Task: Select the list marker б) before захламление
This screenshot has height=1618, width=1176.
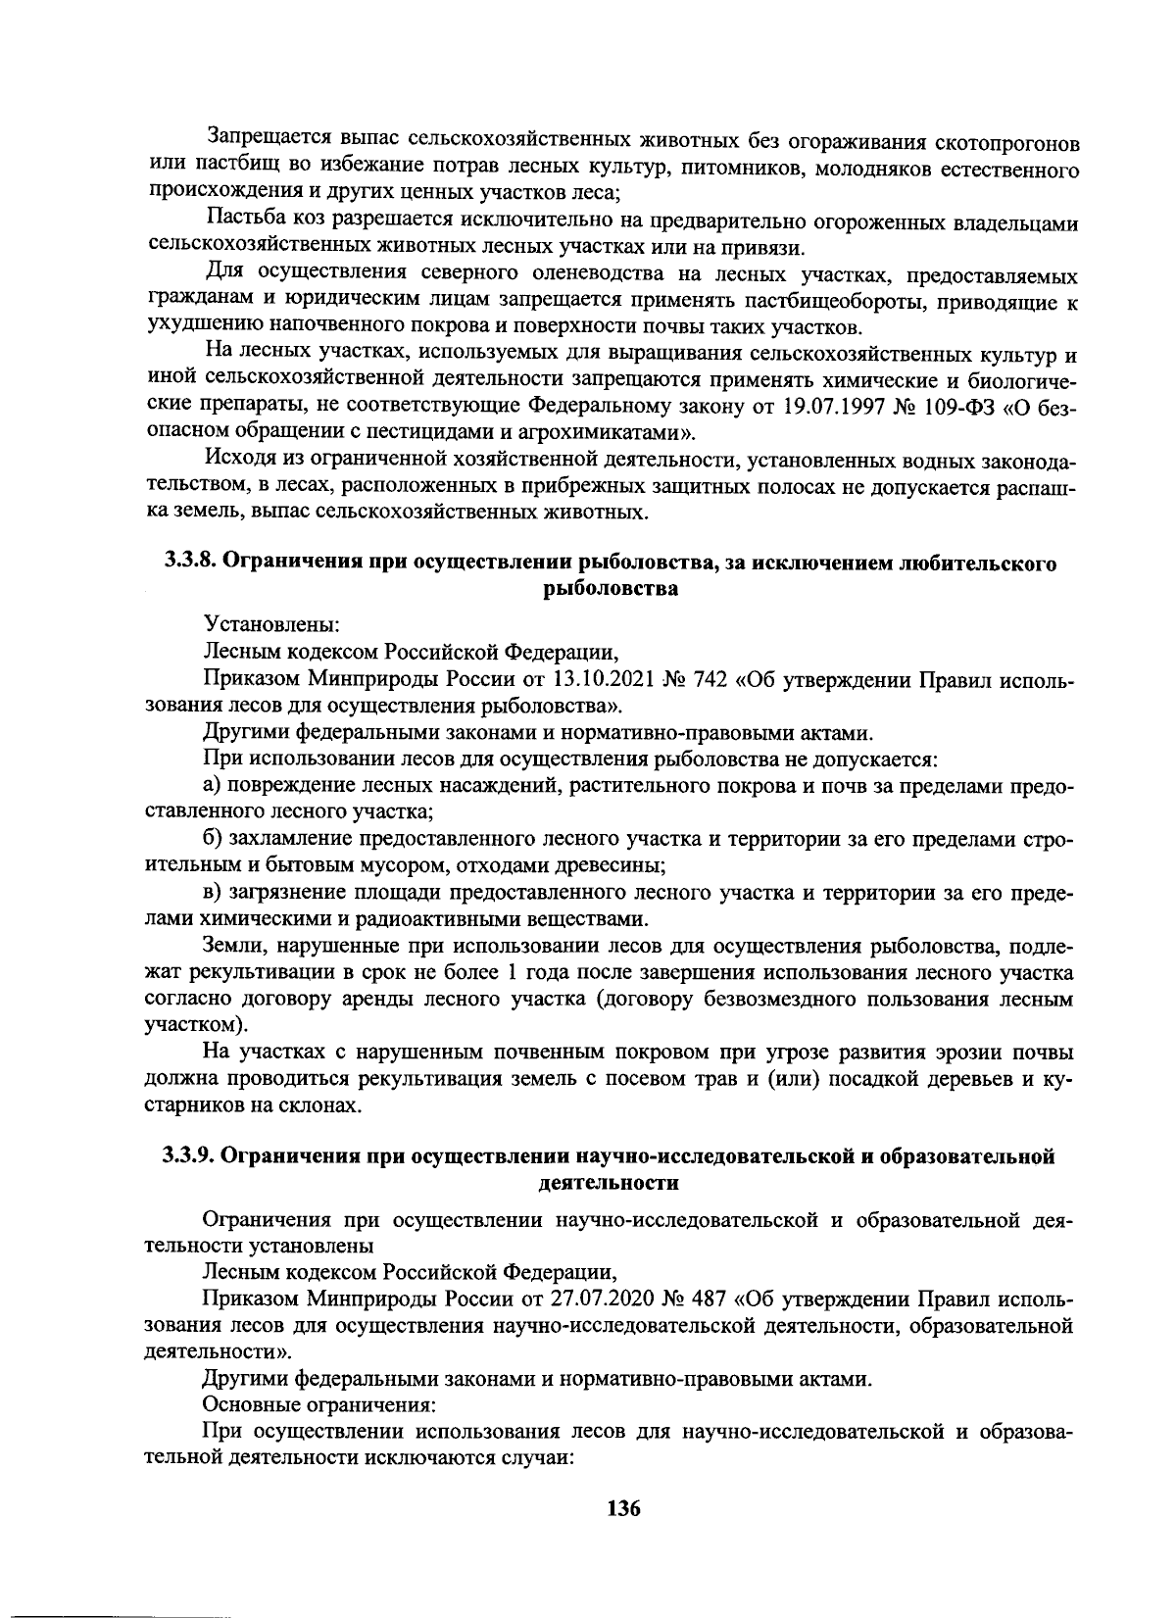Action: click(213, 840)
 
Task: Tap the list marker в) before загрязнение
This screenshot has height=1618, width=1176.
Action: click(213, 894)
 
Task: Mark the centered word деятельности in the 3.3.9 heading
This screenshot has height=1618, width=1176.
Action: click(609, 1182)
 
